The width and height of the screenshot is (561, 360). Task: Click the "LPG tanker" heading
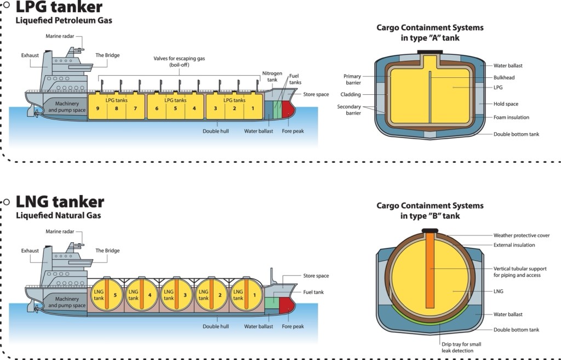59,7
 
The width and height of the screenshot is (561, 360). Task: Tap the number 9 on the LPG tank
98,108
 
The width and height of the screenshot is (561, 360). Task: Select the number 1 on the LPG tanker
253,108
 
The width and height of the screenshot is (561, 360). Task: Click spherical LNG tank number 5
107,295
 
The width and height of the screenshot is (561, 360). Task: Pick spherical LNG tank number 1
246,295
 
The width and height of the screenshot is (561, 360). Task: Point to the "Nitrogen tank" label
272,76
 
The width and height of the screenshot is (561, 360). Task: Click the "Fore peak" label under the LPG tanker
293,131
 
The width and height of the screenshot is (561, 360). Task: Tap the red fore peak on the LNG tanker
287,305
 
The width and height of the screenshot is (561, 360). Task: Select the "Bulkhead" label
504,77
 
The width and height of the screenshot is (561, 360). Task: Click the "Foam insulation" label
511,117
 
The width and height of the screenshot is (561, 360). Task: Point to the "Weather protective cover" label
522,235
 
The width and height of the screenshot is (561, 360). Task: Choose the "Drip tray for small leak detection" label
461,347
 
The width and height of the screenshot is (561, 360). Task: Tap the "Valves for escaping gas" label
179,61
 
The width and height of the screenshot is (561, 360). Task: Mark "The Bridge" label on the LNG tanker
107,250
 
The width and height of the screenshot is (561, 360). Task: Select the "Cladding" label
351,94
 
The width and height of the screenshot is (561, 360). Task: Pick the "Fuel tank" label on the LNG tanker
313,292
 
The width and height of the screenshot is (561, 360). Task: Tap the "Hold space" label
506,104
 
